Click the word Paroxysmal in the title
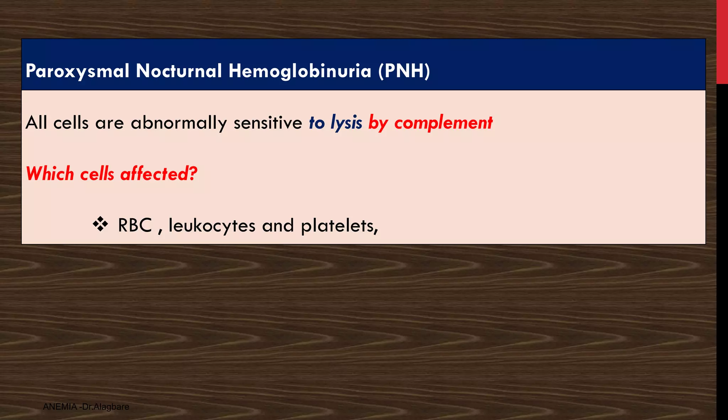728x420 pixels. point(77,71)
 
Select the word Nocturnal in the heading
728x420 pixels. point(179,71)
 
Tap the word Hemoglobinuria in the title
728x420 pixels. point(300,71)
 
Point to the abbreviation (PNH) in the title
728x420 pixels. point(404,71)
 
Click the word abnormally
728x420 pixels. point(178,123)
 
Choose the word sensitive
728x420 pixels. point(268,123)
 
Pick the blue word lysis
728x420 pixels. point(346,123)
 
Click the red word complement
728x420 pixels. point(443,123)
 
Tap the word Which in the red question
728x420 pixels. point(50,174)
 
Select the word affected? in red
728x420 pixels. point(159,174)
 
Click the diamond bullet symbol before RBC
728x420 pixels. point(101,224)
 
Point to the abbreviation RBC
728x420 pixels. point(135,225)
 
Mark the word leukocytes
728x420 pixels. point(212,225)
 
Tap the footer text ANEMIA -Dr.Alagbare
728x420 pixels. point(86,407)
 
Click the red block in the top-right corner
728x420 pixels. point(722,42)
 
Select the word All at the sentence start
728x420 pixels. point(36,123)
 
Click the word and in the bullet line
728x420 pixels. point(278,225)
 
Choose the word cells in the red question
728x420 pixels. point(97,174)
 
